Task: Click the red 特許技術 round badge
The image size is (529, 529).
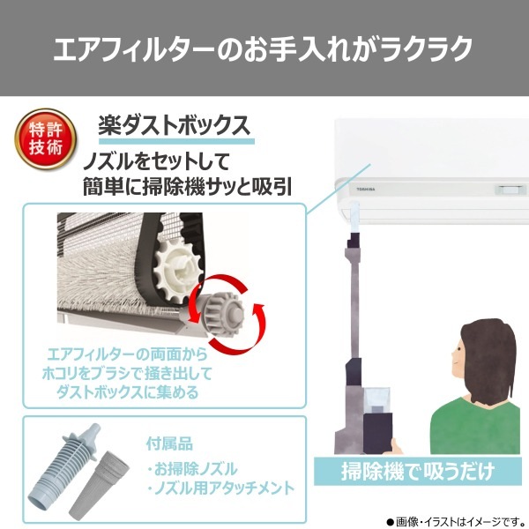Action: pyautogui.click(x=46, y=138)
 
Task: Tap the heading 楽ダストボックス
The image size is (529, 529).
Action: pyautogui.click(x=174, y=125)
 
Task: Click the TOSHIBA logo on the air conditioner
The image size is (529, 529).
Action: pyautogui.click(x=366, y=190)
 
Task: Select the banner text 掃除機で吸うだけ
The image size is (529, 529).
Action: pyautogui.click(x=418, y=471)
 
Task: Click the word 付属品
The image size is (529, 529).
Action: pyautogui.click(x=169, y=443)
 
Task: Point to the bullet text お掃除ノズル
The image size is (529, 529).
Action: pyautogui.click(x=192, y=469)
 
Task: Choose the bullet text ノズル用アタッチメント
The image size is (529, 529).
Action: pyautogui.click(x=221, y=488)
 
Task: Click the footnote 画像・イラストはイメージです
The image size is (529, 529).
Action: pyautogui.click(x=457, y=522)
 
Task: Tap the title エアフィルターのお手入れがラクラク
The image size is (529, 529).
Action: pyautogui.click(x=263, y=48)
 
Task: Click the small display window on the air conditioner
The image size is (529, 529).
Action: pyautogui.click(x=510, y=190)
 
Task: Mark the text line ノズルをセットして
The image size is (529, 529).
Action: pyautogui.click(x=156, y=161)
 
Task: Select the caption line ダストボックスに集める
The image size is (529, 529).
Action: pyautogui.click(x=127, y=391)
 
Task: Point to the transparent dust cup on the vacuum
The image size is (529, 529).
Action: pyautogui.click(x=378, y=400)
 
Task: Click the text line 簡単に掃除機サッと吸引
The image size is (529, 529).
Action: pyautogui.click(x=187, y=186)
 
